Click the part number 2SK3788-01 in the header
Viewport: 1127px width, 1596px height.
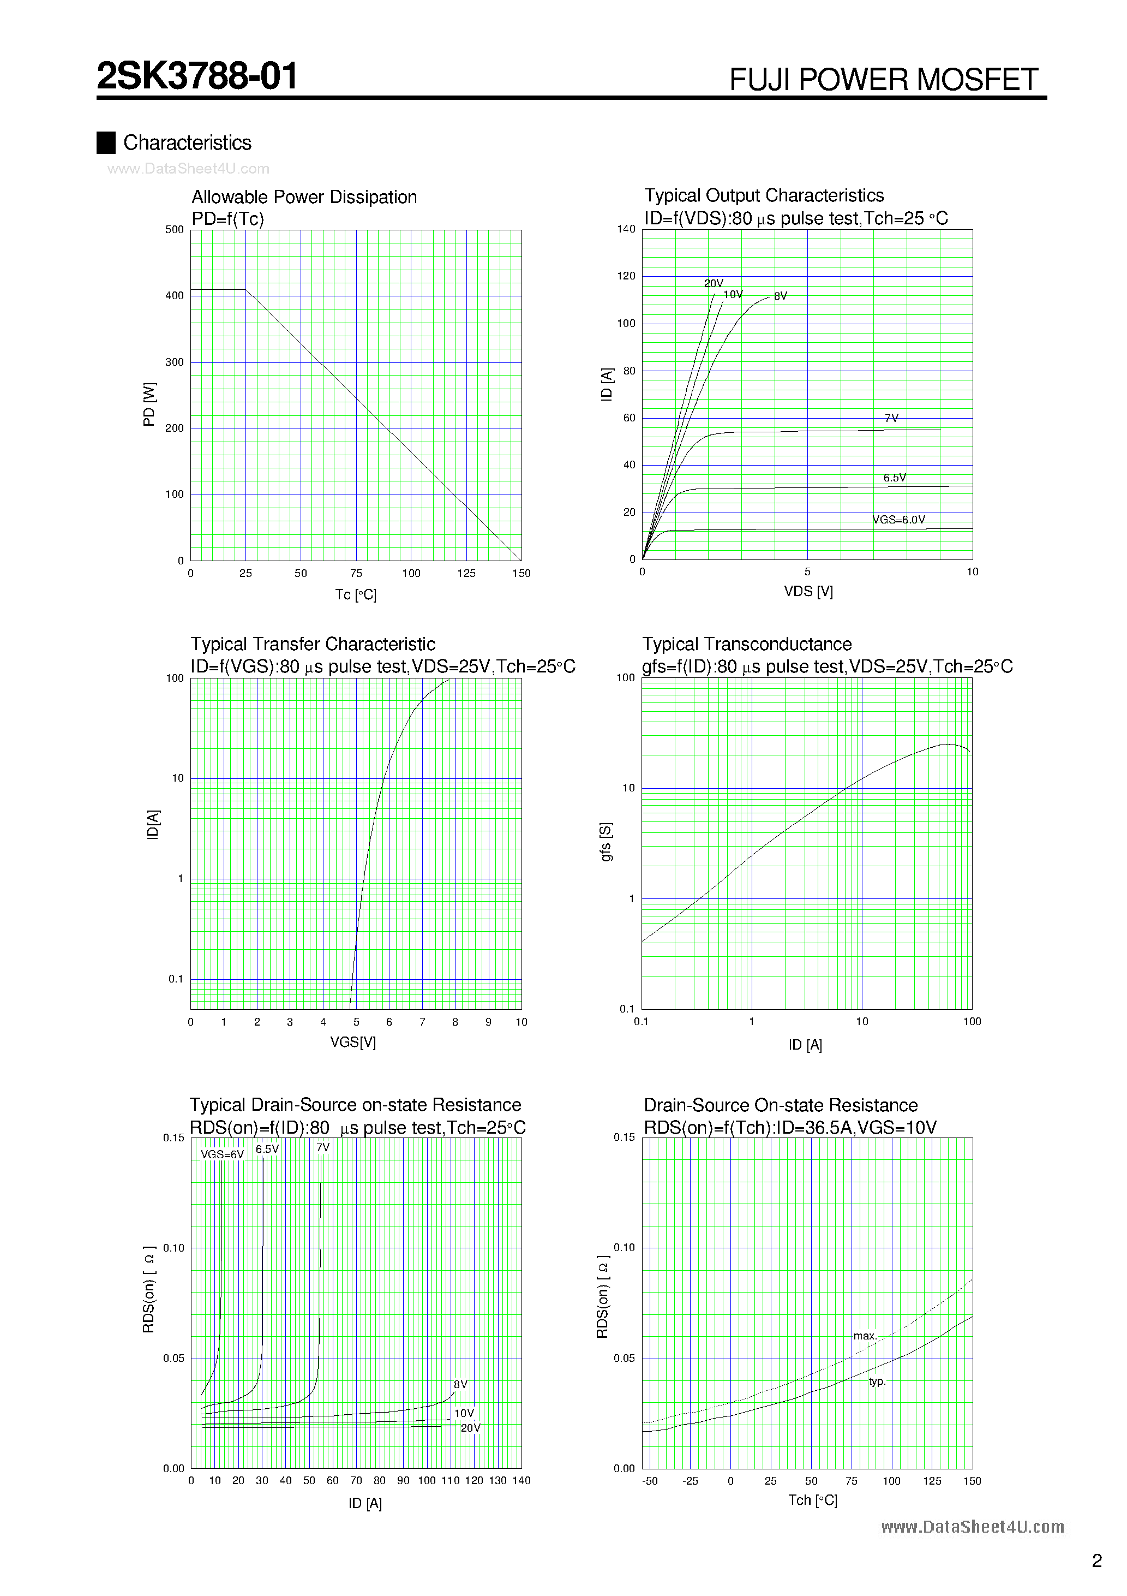click(197, 76)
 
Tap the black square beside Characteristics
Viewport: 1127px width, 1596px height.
click(106, 142)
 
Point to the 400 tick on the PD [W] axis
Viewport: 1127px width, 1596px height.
click(175, 295)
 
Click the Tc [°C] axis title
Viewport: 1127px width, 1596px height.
click(355, 594)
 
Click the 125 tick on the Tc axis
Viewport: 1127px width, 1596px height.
click(466, 574)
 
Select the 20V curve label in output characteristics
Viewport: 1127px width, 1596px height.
click(713, 283)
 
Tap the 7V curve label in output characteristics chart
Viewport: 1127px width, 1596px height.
click(891, 418)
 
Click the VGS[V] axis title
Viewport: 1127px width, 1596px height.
click(353, 1042)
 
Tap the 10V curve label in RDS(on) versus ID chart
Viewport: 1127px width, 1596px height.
click(464, 1413)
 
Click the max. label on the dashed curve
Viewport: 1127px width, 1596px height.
click(865, 1336)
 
